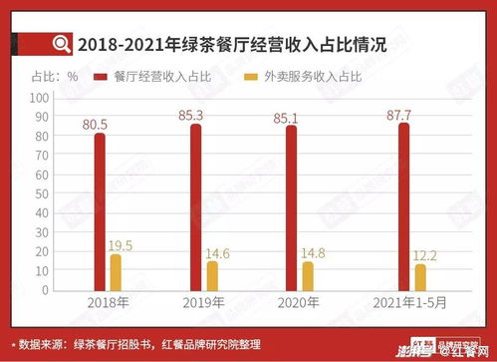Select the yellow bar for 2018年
click(x=117, y=272)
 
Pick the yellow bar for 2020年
click(x=308, y=275)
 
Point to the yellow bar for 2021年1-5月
click(x=419, y=277)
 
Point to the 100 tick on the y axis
click(x=40, y=98)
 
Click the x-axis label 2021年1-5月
click(x=410, y=302)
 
